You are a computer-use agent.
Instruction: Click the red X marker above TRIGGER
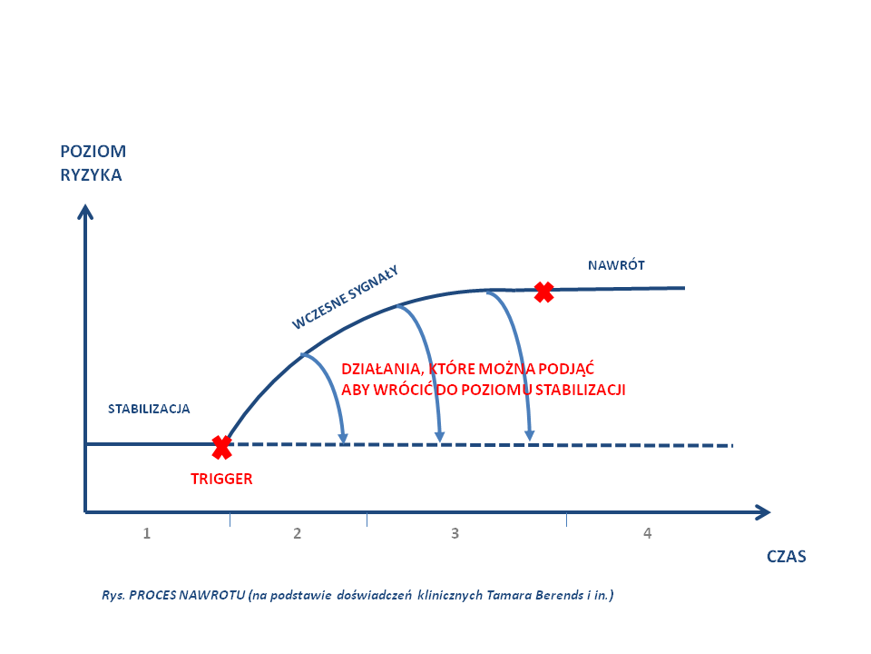(x=221, y=446)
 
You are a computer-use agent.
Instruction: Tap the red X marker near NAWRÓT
(x=543, y=292)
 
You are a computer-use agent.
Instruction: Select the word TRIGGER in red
(x=221, y=478)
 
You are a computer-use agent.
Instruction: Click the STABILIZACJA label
(x=149, y=409)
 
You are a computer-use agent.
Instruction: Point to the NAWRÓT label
(x=616, y=265)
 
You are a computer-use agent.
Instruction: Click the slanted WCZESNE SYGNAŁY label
(x=346, y=296)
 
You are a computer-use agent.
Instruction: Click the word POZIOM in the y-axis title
(x=93, y=151)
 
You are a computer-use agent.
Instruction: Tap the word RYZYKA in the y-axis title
(x=91, y=175)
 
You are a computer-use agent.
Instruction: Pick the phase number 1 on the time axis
(x=146, y=533)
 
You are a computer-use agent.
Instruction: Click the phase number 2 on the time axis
(x=297, y=533)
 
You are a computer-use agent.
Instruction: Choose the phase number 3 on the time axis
(x=455, y=533)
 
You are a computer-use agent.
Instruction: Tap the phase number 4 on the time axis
(x=647, y=533)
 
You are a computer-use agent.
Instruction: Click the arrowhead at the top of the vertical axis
(x=85, y=211)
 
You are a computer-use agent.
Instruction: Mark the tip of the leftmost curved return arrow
(x=343, y=441)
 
